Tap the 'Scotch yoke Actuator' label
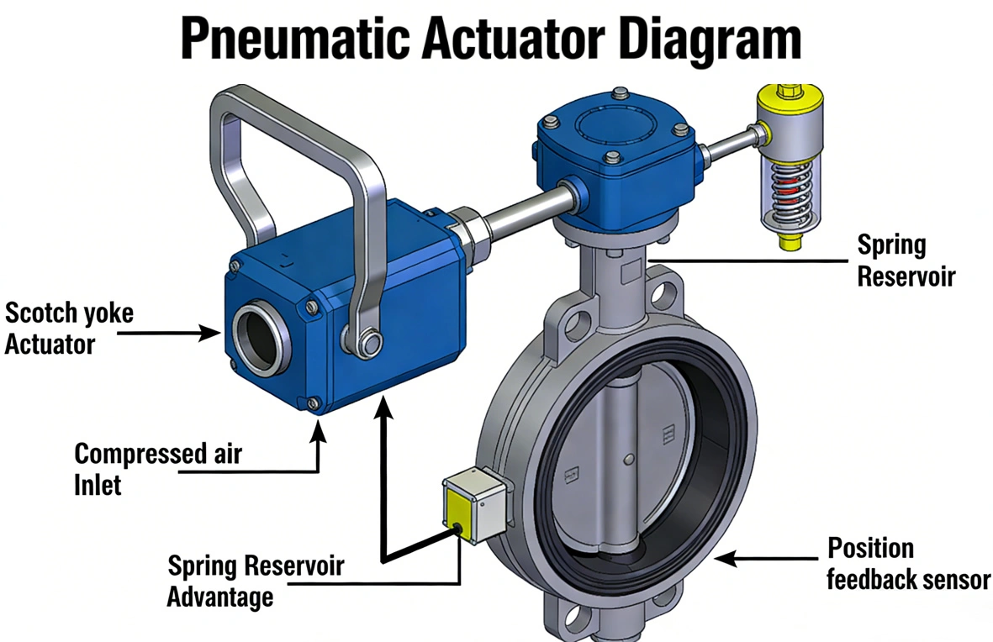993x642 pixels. (69, 329)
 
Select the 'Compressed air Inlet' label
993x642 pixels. (157, 469)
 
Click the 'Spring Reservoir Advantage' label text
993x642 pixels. (255, 581)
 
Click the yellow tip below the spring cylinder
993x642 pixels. (789, 242)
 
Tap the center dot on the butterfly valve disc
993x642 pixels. (630, 459)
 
